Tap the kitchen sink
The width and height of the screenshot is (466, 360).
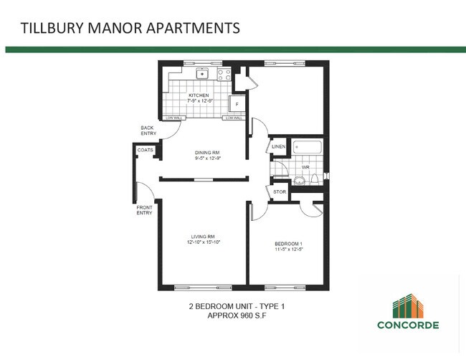coord(203,73)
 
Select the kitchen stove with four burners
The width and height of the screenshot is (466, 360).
coord(223,73)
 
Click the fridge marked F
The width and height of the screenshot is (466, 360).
coord(237,104)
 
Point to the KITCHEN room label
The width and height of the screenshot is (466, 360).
coord(199,95)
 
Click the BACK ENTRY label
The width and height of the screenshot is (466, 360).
coord(148,130)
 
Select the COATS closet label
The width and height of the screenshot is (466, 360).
coord(146,150)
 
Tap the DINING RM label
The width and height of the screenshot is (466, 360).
coord(206,152)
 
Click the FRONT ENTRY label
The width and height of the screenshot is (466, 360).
coord(144,210)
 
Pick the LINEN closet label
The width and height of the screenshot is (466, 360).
coord(279,147)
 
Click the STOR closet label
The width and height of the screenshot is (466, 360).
coord(279,192)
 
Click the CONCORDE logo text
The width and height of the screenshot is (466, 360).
coord(408,323)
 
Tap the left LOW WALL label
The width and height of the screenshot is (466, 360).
coord(173,118)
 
